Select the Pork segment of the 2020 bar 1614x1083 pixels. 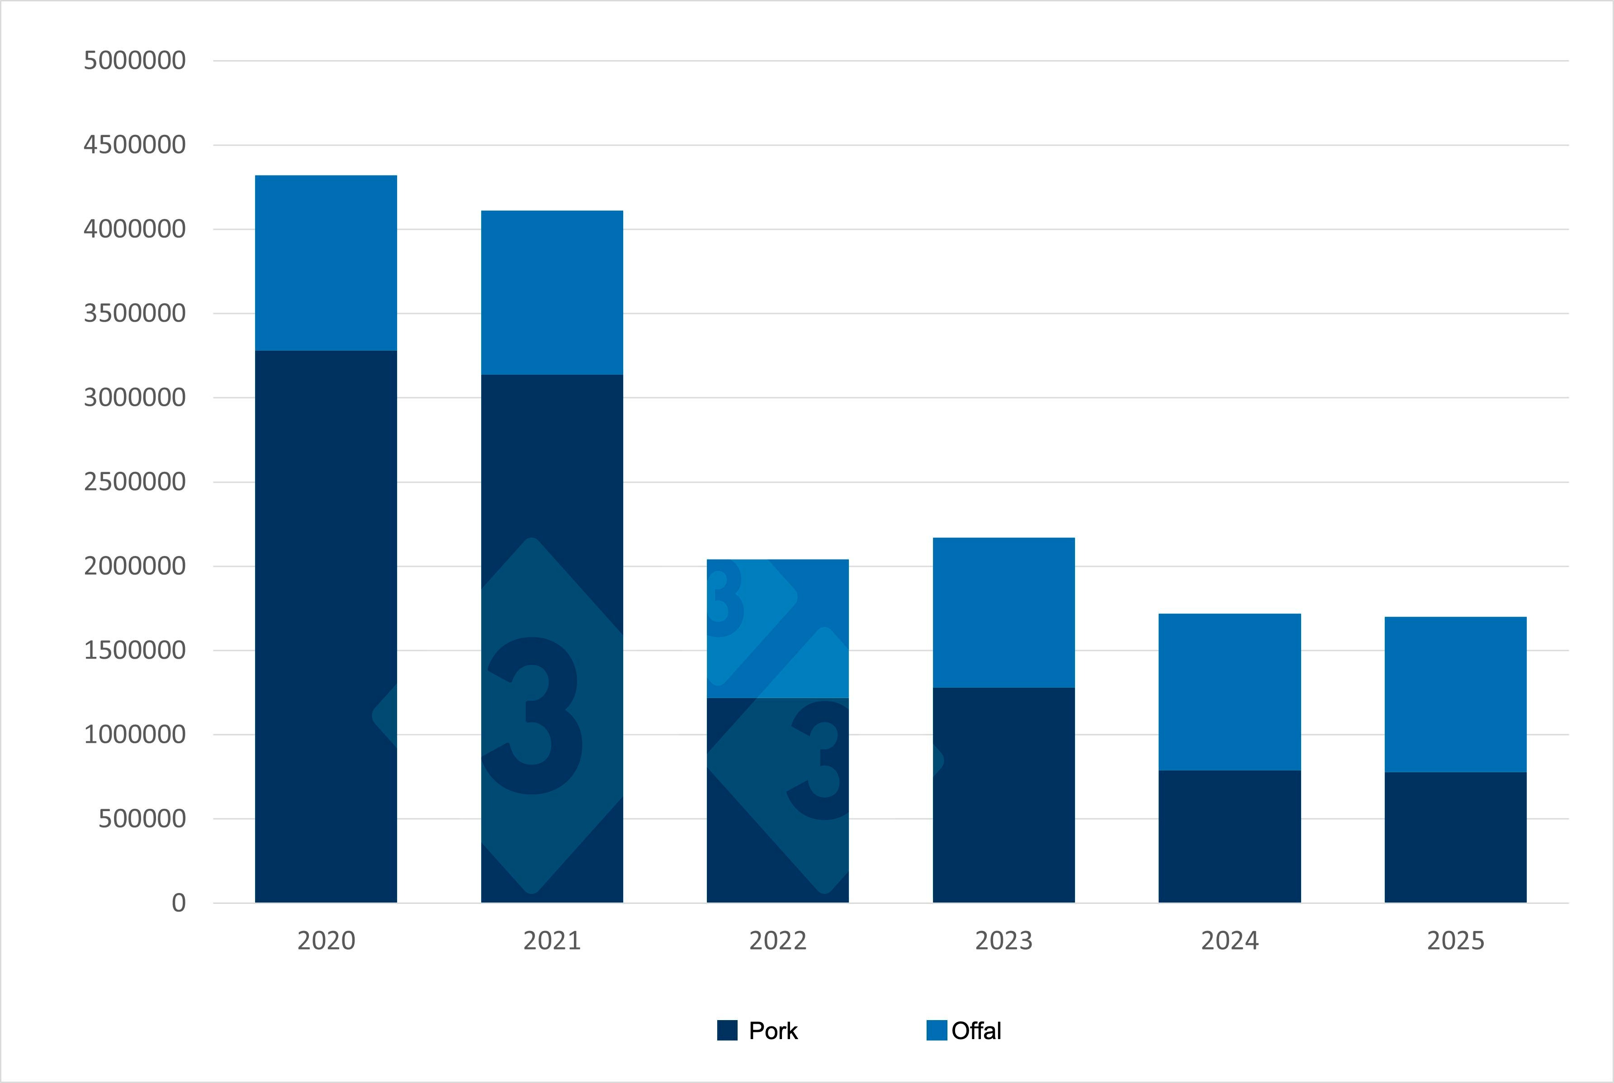[x=326, y=625]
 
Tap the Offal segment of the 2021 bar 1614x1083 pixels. [x=552, y=292]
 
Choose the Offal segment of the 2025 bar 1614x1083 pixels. [x=1455, y=693]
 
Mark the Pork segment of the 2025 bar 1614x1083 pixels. [x=1455, y=837]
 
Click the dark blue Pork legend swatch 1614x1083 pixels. [x=727, y=1031]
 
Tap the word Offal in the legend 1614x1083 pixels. [x=975, y=1031]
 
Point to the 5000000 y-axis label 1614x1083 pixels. [x=135, y=61]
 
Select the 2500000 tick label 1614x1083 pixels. [x=135, y=481]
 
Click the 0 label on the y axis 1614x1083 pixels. [x=178, y=903]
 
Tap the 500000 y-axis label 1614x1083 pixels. [x=142, y=818]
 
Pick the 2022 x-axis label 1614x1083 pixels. [x=777, y=940]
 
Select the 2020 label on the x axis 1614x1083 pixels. [x=326, y=940]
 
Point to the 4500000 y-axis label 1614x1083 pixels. [x=135, y=145]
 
